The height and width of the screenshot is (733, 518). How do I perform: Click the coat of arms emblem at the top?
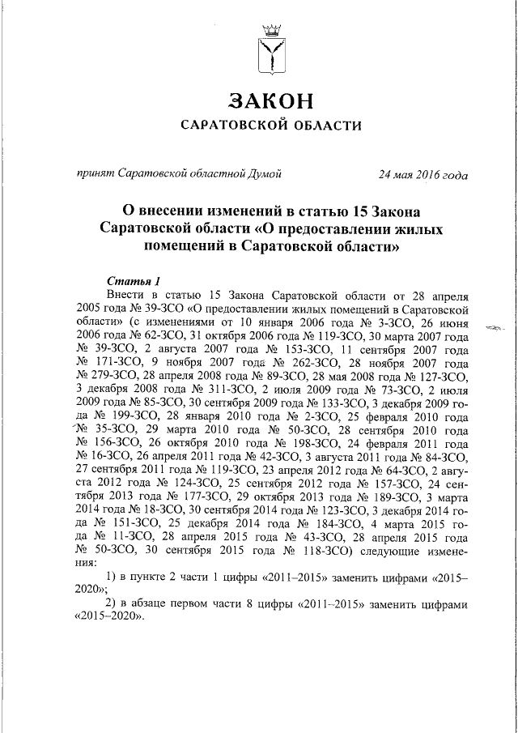(270, 50)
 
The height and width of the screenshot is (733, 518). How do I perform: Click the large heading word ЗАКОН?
(270, 101)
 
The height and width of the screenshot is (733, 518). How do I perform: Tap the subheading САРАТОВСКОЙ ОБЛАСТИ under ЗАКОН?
(270, 126)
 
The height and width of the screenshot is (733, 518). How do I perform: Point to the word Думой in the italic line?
(261, 173)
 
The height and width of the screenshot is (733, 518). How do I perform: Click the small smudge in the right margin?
(493, 329)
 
